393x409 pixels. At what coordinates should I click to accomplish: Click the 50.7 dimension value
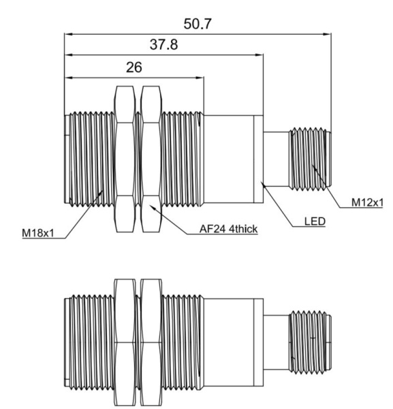(198, 24)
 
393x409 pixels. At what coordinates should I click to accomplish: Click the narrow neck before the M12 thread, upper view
(276, 158)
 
